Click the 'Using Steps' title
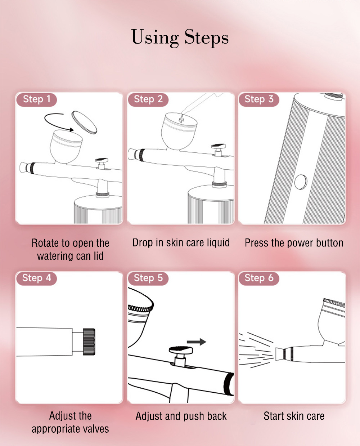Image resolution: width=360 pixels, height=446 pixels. (180, 38)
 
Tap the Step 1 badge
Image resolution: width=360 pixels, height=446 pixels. (37, 99)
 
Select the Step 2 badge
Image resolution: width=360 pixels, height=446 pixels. (148, 99)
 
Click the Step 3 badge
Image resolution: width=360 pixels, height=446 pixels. (259, 99)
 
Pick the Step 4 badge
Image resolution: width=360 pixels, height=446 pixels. (37, 278)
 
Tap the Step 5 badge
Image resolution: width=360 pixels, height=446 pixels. (148, 278)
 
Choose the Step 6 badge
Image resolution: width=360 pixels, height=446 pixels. (259, 278)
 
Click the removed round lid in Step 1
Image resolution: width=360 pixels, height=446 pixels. (84, 122)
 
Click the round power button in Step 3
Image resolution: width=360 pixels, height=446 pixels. (301, 182)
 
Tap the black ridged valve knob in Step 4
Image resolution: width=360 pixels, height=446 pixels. (89, 342)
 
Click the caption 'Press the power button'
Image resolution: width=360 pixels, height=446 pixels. (294, 243)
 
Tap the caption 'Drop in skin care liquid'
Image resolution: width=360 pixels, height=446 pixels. (181, 243)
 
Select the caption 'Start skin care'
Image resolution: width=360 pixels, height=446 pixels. (294, 416)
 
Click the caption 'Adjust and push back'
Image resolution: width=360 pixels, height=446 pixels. (181, 416)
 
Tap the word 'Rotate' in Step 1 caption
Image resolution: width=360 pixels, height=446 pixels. (45, 243)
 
